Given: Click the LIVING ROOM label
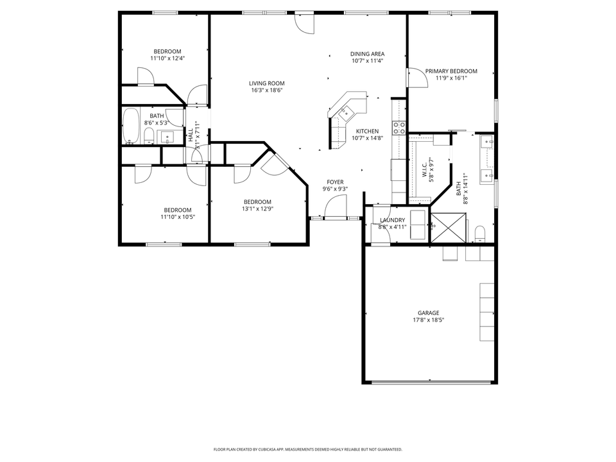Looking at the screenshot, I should (267, 83).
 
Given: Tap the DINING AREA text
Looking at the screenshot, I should (367, 54).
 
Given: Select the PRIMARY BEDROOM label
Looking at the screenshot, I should (451, 71).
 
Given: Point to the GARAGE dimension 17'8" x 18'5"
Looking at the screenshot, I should (428, 320).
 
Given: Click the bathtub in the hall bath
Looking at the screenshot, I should (130, 126).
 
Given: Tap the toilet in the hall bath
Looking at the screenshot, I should (148, 135).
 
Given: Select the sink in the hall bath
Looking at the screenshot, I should (167, 137).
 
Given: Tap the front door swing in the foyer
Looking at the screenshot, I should (335, 207).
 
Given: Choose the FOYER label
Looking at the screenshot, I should (335, 182).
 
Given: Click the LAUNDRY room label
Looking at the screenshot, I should (392, 220).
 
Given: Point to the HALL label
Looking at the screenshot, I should (191, 135).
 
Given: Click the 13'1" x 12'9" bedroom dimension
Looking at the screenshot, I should (257, 209).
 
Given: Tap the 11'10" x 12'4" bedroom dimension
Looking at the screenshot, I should (167, 58).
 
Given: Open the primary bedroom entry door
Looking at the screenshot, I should (416, 78).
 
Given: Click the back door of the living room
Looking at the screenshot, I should (304, 22).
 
